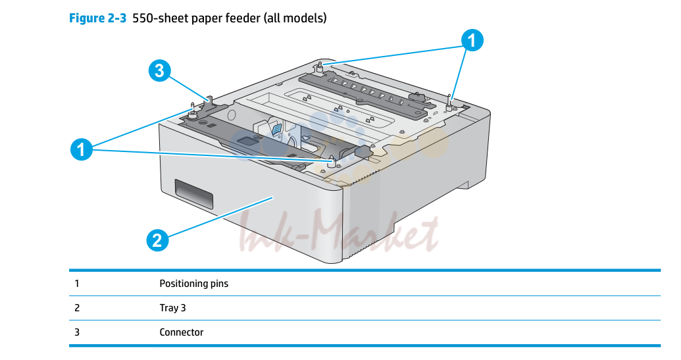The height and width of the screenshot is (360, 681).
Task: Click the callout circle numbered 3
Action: click(x=159, y=71)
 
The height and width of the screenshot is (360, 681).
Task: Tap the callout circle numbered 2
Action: click(x=158, y=240)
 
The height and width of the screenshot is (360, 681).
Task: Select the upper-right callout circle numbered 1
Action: click(x=472, y=40)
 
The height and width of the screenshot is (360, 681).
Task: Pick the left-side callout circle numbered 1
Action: click(x=82, y=149)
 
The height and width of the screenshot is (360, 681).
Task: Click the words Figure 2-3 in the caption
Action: click(x=98, y=18)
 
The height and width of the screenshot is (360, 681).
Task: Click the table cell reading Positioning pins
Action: click(x=193, y=284)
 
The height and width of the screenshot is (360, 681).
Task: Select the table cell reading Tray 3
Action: click(x=172, y=308)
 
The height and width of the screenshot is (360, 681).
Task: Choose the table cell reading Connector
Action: click(x=181, y=332)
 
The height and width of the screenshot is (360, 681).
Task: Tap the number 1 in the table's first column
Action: click(x=77, y=284)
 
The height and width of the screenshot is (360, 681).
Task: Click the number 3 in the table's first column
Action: click(x=77, y=332)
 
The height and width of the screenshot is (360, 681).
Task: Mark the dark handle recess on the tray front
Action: click(x=193, y=193)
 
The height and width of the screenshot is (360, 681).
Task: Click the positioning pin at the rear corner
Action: click(x=320, y=67)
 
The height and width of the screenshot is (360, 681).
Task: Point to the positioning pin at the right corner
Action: click(x=449, y=103)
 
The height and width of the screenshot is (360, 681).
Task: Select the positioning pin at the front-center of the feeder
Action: click(x=333, y=161)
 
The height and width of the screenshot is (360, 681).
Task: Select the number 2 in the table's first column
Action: click(x=77, y=308)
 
